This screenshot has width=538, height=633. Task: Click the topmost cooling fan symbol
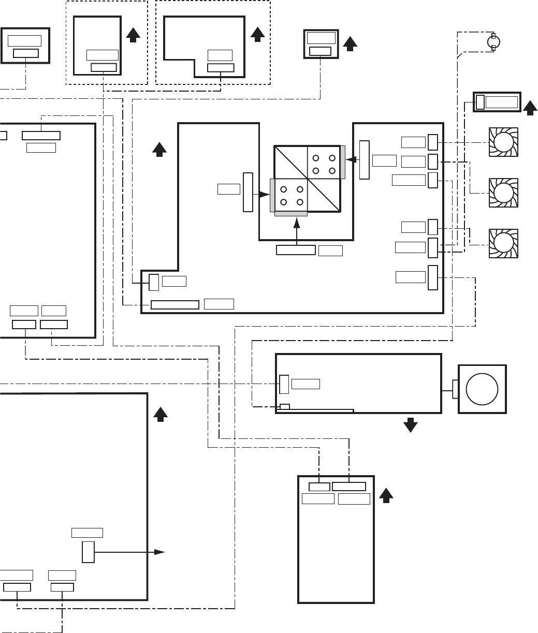[504, 142]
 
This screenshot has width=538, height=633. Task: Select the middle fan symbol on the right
[504, 193]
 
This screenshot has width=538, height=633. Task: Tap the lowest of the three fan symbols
[504, 243]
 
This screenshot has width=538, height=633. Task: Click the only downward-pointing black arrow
[411, 425]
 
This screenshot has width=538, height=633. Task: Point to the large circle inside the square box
[482, 389]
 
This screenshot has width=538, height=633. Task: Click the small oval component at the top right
[493, 42]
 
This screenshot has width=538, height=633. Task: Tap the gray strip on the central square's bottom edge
[291, 213]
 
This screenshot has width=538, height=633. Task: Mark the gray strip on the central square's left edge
[272, 195]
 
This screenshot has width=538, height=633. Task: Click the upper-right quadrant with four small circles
[324, 163]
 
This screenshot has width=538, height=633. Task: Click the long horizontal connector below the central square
[296, 251]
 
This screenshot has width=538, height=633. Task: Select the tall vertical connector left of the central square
[248, 192]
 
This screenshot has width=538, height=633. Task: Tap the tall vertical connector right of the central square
[365, 159]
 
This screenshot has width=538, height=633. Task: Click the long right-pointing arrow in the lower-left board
[129, 552]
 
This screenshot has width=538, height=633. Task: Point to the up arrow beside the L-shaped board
[257, 34]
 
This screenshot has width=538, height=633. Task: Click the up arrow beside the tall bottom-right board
[385, 495]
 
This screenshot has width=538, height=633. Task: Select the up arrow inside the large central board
[159, 149]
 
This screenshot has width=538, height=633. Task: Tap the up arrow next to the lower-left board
[161, 414]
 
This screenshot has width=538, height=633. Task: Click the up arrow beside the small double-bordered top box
[350, 43]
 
